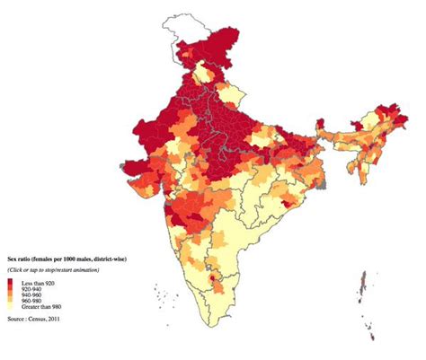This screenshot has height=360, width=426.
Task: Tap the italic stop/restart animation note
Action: pos(53,269)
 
